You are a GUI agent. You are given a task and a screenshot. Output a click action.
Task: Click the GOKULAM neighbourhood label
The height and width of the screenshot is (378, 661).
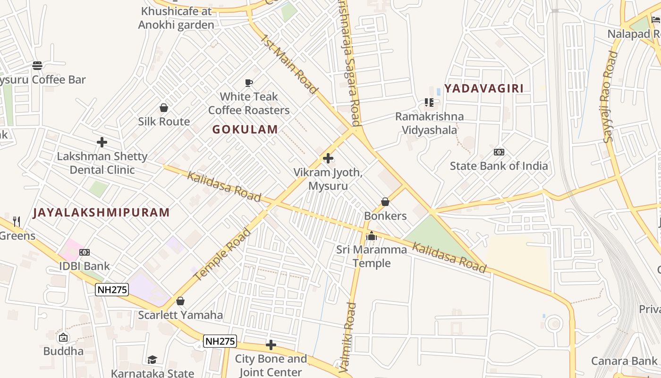coord(245,129)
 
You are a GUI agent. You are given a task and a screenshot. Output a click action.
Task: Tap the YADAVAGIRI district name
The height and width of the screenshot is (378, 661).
coord(484,88)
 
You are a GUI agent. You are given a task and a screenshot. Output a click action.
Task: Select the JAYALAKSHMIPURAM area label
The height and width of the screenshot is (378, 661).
coord(101,213)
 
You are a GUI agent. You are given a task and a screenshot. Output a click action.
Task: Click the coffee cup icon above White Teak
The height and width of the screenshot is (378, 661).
coord(249,83)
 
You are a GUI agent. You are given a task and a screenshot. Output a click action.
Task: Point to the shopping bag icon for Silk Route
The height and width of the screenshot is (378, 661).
coord(164,108)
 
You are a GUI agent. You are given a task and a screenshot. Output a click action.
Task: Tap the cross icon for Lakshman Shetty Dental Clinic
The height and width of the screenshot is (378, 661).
coord(102,142)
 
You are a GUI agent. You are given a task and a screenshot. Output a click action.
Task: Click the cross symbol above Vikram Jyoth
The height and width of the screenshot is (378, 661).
coord(328,158)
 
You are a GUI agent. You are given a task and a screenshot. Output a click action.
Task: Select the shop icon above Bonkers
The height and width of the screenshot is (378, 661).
coord(385,202)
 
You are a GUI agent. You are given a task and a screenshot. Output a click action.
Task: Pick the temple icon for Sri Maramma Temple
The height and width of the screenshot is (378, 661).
coord(372,236)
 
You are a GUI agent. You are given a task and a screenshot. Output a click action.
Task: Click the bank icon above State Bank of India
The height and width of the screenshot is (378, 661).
coord(499,152)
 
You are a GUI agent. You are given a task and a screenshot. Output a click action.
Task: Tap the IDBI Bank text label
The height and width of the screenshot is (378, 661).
coord(85,266)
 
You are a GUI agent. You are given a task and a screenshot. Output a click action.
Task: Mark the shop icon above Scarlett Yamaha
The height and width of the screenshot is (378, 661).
coord(180,301)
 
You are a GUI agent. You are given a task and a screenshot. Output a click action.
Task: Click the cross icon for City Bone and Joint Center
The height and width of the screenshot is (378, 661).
coord(271,345)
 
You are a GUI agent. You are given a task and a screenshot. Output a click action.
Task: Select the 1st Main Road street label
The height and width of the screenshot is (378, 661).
coord(289,64)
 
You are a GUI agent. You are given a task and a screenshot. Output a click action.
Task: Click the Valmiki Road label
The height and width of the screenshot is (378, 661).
coord(349,338)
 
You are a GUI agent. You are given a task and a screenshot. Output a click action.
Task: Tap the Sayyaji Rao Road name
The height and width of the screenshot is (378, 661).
coord(610,97)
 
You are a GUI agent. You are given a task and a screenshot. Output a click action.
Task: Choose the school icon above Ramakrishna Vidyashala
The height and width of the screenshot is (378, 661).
coord(429,102)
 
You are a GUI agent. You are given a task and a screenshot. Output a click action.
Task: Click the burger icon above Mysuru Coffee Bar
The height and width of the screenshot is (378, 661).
coord(37,65)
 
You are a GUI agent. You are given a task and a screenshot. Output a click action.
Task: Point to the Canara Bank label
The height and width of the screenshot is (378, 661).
coord(624,361)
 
